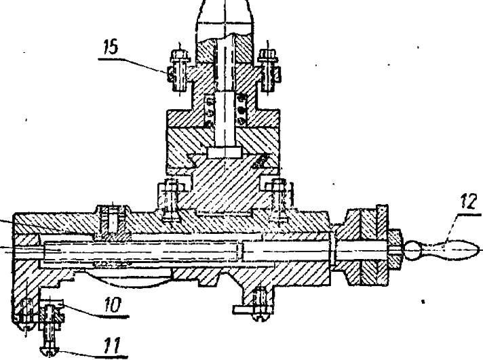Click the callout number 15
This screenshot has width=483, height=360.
(111, 47)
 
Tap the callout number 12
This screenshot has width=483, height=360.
(469, 202)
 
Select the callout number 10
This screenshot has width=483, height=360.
(113, 305)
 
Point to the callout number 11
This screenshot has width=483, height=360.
(111, 346)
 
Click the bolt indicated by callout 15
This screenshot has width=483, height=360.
(178, 71)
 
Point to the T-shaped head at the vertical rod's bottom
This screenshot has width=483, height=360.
(225, 152)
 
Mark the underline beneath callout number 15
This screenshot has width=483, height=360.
(113, 58)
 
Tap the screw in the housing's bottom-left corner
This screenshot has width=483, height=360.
(26, 314)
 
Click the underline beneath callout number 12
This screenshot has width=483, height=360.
(469, 214)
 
